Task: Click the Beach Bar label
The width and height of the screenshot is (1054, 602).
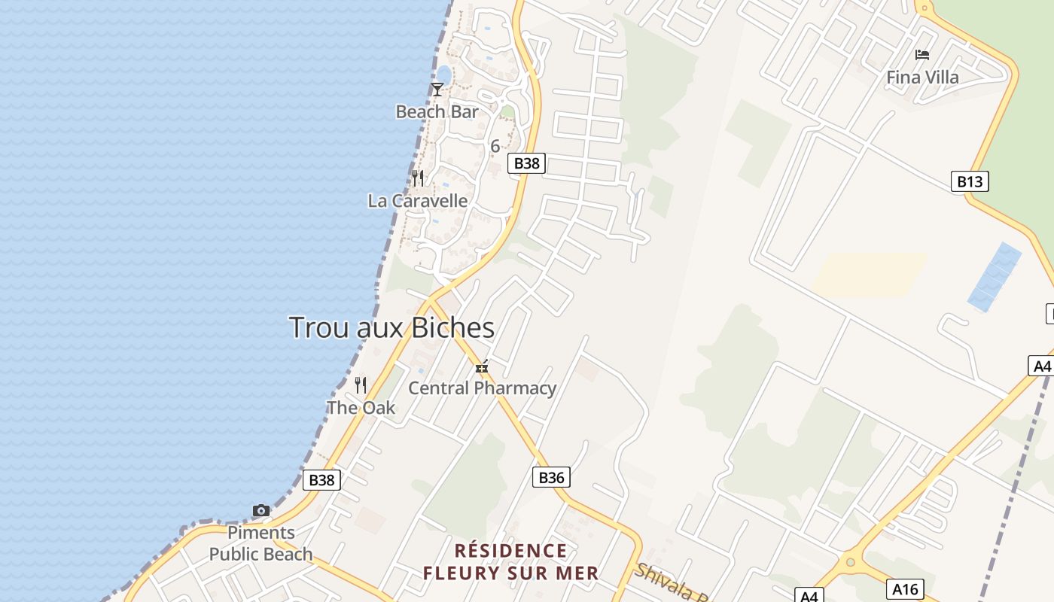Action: click(437, 112)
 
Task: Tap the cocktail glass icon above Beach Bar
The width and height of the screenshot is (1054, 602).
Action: click(437, 90)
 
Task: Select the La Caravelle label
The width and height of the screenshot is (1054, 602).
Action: click(417, 201)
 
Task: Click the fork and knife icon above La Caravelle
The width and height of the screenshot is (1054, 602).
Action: click(417, 178)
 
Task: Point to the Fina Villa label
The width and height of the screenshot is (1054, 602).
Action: click(922, 78)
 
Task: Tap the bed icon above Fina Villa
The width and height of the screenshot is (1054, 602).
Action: click(921, 55)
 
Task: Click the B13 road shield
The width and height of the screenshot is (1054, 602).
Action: click(970, 181)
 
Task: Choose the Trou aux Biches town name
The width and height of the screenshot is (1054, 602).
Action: click(391, 328)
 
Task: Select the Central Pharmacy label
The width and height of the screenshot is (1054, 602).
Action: click(482, 388)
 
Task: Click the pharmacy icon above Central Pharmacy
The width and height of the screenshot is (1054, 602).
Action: click(482, 367)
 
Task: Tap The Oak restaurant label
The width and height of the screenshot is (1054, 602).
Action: click(361, 408)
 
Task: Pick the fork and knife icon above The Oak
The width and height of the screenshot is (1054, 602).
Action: click(361, 385)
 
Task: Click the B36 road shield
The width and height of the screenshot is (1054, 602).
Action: click(551, 477)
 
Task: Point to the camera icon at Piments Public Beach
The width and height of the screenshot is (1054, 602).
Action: click(260, 511)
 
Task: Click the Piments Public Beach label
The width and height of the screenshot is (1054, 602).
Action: click(260, 543)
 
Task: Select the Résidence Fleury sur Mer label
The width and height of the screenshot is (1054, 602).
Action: click(510, 562)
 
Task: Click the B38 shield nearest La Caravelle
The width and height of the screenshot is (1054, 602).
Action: click(525, 163)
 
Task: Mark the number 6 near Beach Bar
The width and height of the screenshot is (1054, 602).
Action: click(495, 147)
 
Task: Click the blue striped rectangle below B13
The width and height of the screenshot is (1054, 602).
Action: click(994, 276)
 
